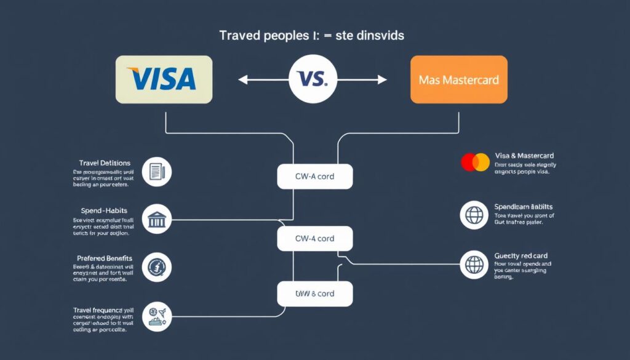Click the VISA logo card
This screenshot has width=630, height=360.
[164, 79]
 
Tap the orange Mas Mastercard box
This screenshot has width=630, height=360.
[458, 79]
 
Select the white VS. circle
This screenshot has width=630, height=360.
[313, 79]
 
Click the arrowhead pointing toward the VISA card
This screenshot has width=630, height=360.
[242, 79]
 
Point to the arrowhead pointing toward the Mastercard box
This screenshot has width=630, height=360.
[383, 79]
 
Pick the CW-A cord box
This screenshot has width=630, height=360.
[314, 177]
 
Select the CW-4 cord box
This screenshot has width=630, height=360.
[314, 238]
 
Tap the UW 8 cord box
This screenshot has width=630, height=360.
[314, 294]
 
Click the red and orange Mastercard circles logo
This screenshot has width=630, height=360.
[475, 162]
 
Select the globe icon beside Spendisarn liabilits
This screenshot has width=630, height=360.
[474, 215]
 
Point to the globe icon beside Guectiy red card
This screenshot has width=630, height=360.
[474, 265]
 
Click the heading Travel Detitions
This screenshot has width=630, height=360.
[105, 162]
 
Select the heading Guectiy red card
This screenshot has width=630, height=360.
[520, 255]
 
